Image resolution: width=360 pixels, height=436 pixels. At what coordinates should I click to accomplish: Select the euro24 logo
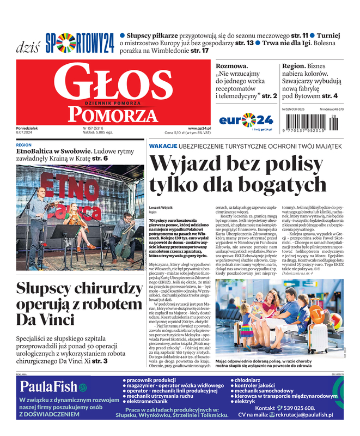[x=246, y=120]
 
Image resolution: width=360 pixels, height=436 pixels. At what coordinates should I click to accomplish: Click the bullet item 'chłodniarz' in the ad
[x=251, y=380]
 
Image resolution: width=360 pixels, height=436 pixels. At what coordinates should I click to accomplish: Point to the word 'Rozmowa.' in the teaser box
[x=232, y=66]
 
